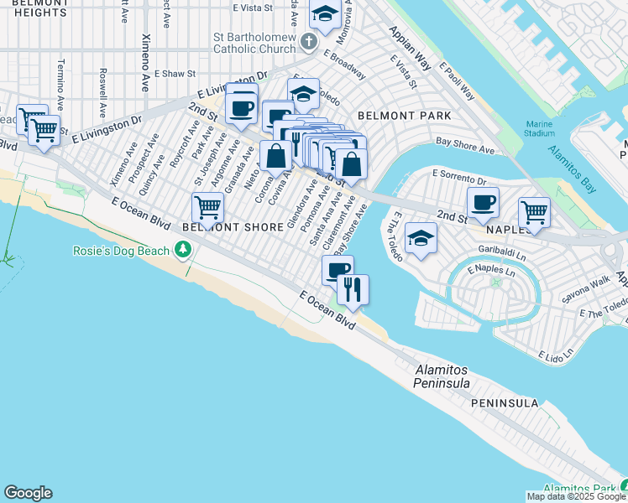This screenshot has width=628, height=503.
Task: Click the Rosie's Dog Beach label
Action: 119,250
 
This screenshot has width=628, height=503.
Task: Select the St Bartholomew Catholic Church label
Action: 254,43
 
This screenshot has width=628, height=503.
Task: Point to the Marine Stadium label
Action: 539,127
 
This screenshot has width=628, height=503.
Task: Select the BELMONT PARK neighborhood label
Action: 404,115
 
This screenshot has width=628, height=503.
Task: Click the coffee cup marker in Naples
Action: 484,202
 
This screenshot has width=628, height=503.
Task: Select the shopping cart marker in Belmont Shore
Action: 207,206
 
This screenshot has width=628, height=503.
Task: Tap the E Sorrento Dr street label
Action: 458,177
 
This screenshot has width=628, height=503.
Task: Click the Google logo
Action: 28,493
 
